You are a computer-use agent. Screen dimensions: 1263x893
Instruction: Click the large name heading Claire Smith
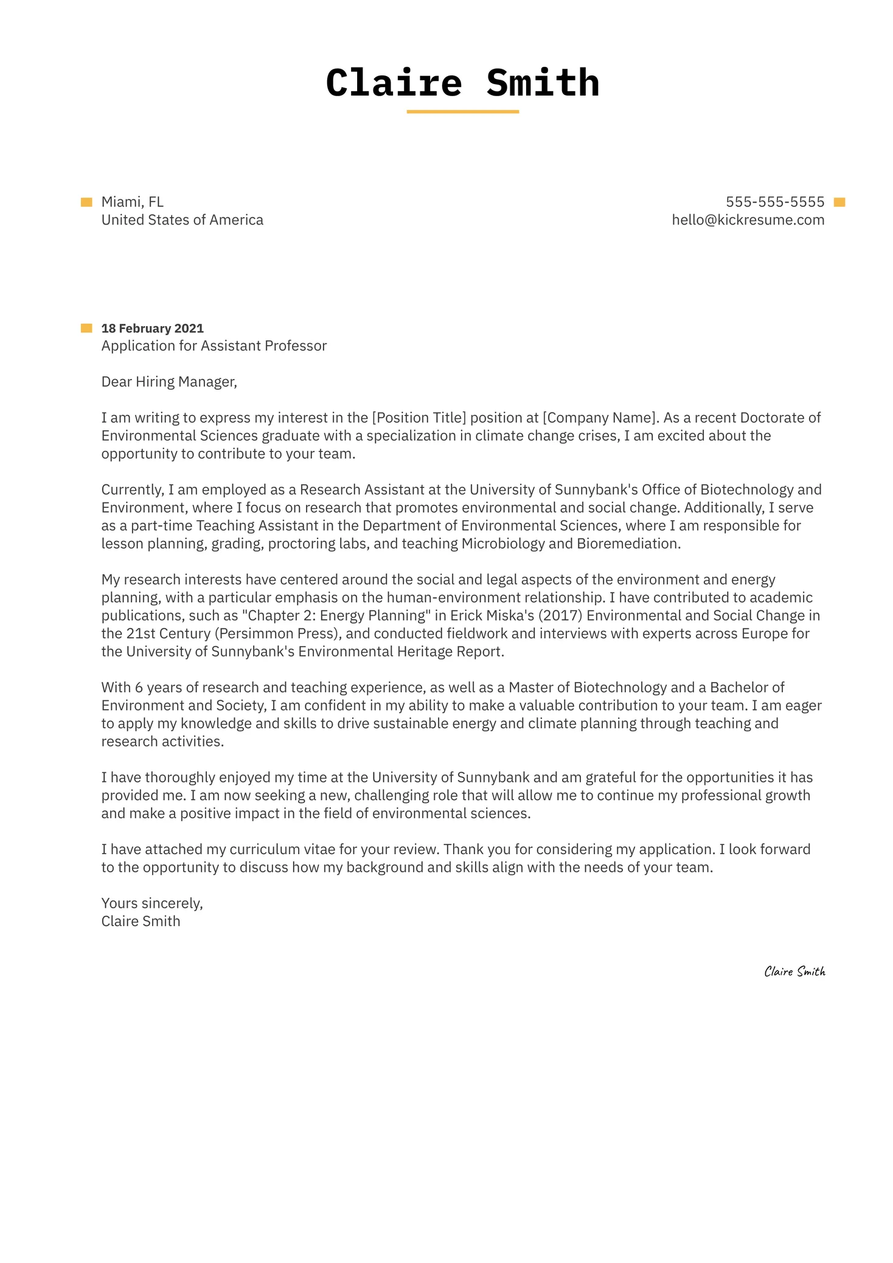pyautogui.click(x=462, y=83)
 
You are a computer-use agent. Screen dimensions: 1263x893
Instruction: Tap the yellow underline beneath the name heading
pyautogui.click(x=462, y=112)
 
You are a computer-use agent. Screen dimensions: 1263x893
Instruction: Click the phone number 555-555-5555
pyautogui.click(x=774, y=202)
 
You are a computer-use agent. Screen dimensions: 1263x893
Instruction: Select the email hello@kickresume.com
pyautogui.click(x=748, y=220)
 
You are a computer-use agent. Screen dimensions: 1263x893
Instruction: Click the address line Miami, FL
pyautogui.click(x=132, y=202)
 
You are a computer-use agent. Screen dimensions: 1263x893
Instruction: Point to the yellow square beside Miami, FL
pyautogui.click(x=86, y=202)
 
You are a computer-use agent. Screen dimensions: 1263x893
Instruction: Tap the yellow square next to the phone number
pyautogui.click(x=839, y=202)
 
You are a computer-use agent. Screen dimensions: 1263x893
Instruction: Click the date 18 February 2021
pyautogui.click(x=152, y=329)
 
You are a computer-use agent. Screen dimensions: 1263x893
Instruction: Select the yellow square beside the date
pyautogui.click(x=86, y=329)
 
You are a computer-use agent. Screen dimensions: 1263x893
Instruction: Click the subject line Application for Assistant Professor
pyautogui.click(x=214, y=346)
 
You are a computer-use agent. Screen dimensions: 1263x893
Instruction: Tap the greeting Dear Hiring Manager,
pyautogui.click(x=169, y=382)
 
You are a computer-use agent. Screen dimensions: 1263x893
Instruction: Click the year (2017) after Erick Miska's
pyautogui.click(x=560, y=616)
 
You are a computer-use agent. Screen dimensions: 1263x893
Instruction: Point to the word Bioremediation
pyautogui.click(x=628, y=544)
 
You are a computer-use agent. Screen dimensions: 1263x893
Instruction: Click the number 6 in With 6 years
pyautogui.click(x=139, y=688)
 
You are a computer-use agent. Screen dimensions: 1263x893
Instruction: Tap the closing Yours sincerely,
pyautogui.click(x=152, y=903)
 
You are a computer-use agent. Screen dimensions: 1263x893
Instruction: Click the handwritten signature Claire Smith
pyautogui.click(x=794, y=972)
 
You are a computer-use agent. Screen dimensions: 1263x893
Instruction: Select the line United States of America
pyautogui.click(x=182, y=220)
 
